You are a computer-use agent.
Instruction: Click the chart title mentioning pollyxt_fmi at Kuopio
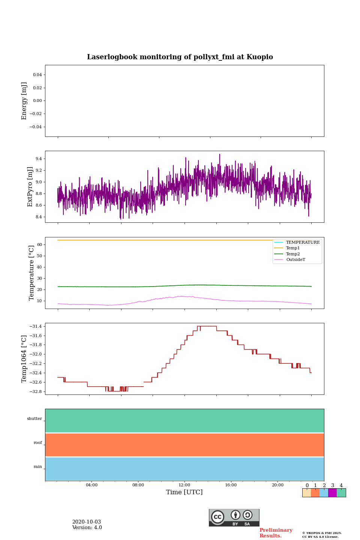click(180, 57)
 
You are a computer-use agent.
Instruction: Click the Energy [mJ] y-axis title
click(24, 101)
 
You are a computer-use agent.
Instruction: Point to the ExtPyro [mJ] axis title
click(30, 187)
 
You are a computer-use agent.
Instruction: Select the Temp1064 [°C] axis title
click(24, 359)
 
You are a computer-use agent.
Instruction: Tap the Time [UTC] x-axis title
click(184, 492)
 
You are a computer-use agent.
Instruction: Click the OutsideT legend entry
click(295, 260)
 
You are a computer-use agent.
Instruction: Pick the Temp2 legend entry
click(293, 254)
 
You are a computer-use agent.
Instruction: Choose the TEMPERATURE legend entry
click(303, 242)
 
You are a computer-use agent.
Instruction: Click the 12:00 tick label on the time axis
click(184, 485)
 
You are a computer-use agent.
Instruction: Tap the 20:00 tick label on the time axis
click(277, 485)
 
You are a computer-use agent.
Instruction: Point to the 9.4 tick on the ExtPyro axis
click(39, 159)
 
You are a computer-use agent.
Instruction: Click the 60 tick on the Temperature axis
click(39, 244)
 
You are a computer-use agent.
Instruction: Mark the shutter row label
click(34, 419)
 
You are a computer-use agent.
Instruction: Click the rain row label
click(38, 467)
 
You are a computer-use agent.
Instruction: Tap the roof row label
click(38, 443)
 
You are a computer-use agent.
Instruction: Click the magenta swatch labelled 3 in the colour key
click(332, 493)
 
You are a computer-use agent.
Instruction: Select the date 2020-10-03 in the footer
click(87, 522)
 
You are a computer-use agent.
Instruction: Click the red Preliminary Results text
click(276, 533)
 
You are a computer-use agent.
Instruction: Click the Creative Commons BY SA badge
click(234, 517)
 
